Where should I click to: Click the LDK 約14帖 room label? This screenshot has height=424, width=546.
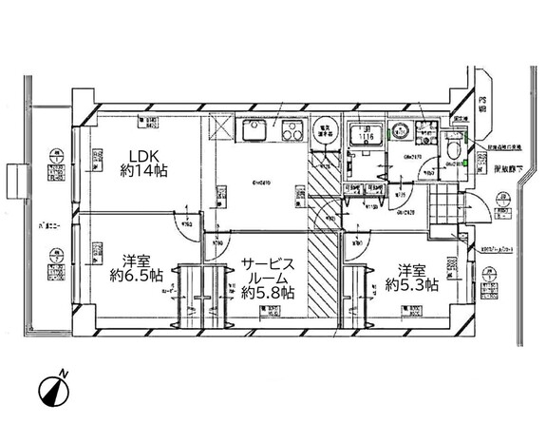pos(143,164)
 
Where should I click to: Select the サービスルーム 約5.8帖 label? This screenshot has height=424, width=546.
pos(269,279)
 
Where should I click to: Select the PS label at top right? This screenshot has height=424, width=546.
pos(482,105)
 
